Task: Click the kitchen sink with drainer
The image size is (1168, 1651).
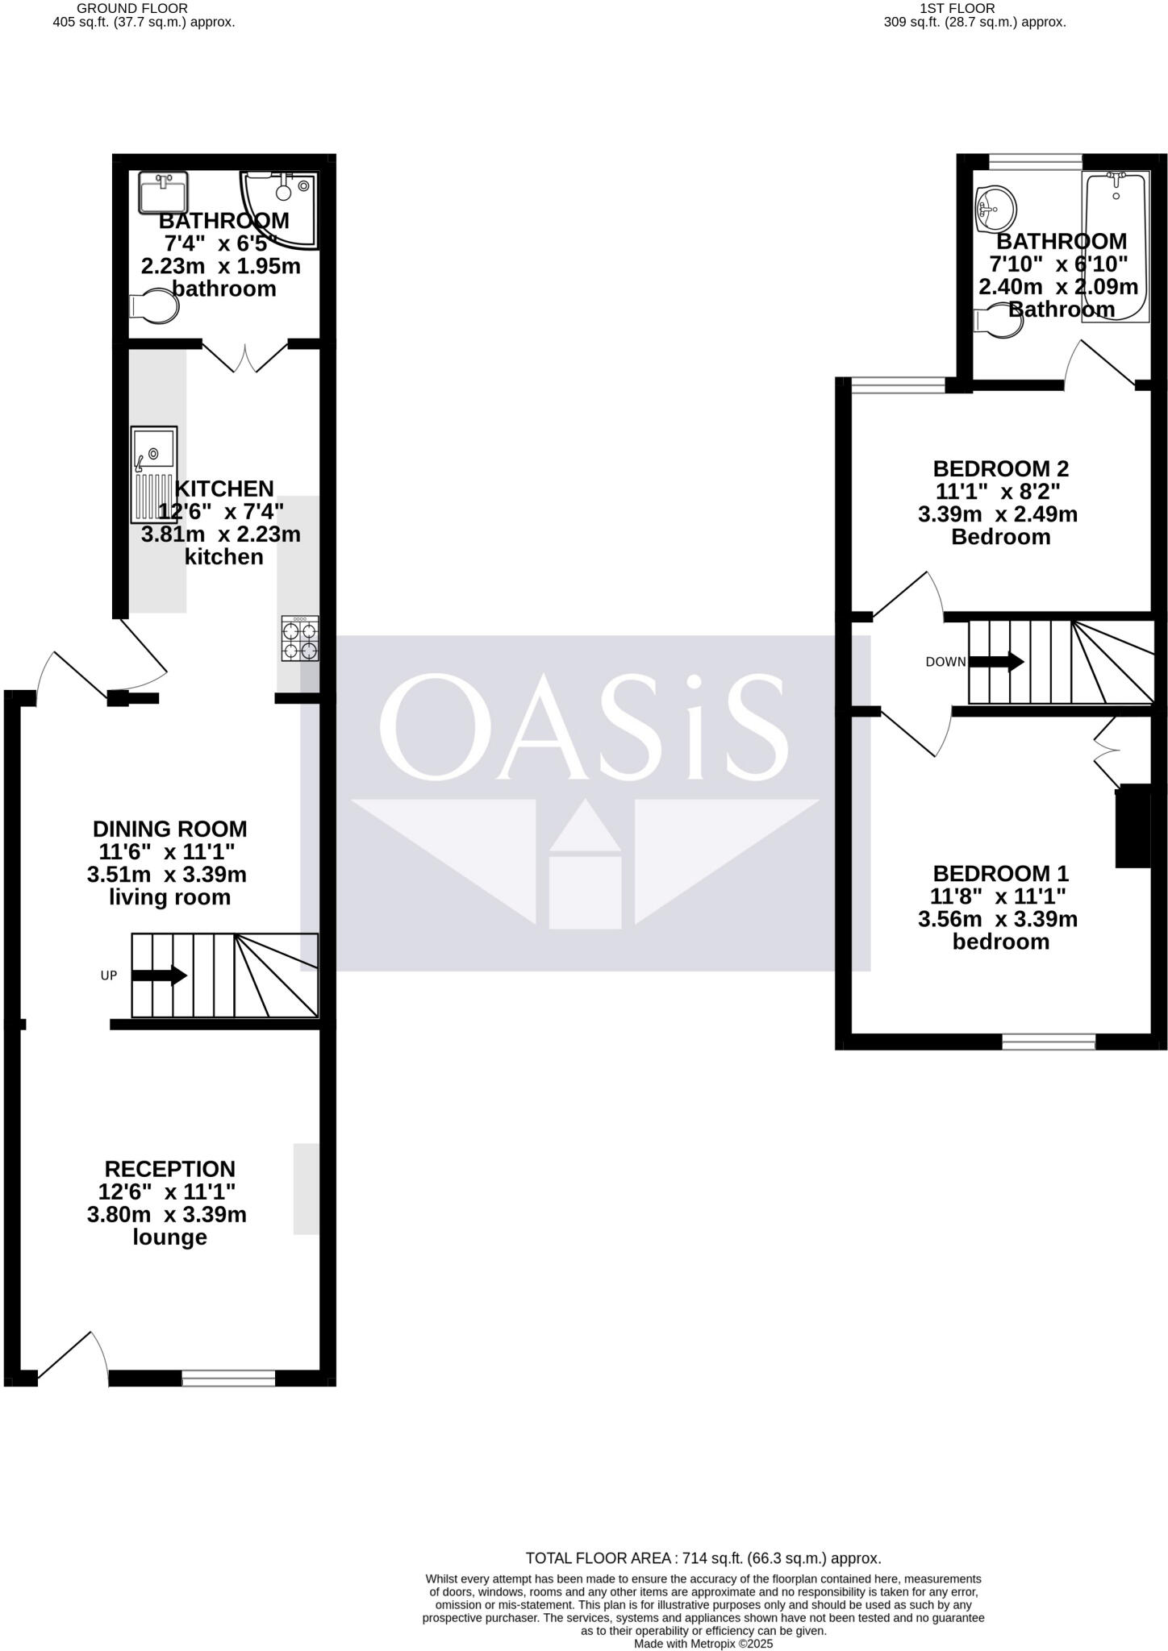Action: pos(154,474)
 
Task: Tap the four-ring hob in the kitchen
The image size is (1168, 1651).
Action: pos(299,638)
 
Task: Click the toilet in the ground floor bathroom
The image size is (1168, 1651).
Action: pos(154,306)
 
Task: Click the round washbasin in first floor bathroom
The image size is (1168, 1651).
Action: pos(994,208)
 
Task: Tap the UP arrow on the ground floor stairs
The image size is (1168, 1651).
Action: pos(159,975)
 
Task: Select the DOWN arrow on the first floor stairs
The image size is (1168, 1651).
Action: pos(995,662)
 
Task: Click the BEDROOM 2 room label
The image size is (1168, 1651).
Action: pos(1000,468)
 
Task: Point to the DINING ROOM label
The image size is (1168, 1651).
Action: pos(169,829)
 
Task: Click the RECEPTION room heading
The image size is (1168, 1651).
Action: pos(169,1169)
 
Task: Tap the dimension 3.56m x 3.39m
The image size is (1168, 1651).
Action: pos(998,919)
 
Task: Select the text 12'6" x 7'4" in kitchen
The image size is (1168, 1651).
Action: pos(221,511)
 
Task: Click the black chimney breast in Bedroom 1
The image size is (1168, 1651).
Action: pos(1133,825)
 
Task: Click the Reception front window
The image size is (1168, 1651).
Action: pos(228,1378)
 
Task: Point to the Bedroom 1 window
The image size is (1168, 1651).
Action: pos(1049,1042)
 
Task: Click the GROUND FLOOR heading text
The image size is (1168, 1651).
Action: pos(132,8)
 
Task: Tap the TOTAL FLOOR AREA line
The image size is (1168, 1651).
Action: pos(703,1558)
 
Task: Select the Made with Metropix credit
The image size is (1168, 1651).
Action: pos(703,1644)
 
